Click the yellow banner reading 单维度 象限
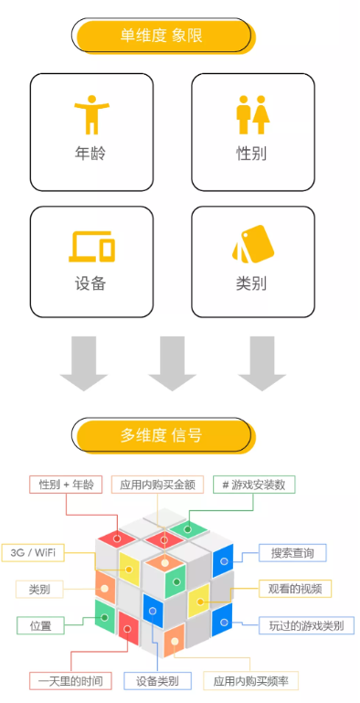(162, 36)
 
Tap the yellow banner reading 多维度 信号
(162, 435)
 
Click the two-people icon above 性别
(252, 112)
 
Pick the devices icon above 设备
(91, 246)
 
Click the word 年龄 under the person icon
(90, 153)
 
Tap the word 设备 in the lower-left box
(90, 283)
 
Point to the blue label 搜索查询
(292, 552)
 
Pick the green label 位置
(40, 625)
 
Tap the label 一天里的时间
(70, 681)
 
